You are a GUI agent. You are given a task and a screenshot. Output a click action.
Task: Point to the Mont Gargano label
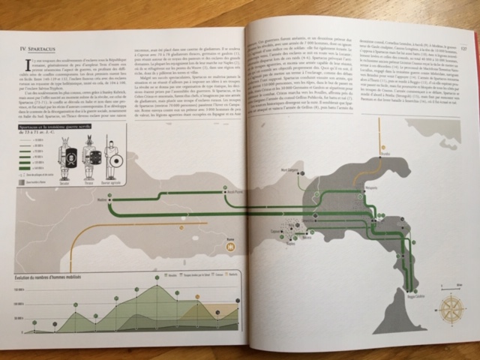(291, 170)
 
